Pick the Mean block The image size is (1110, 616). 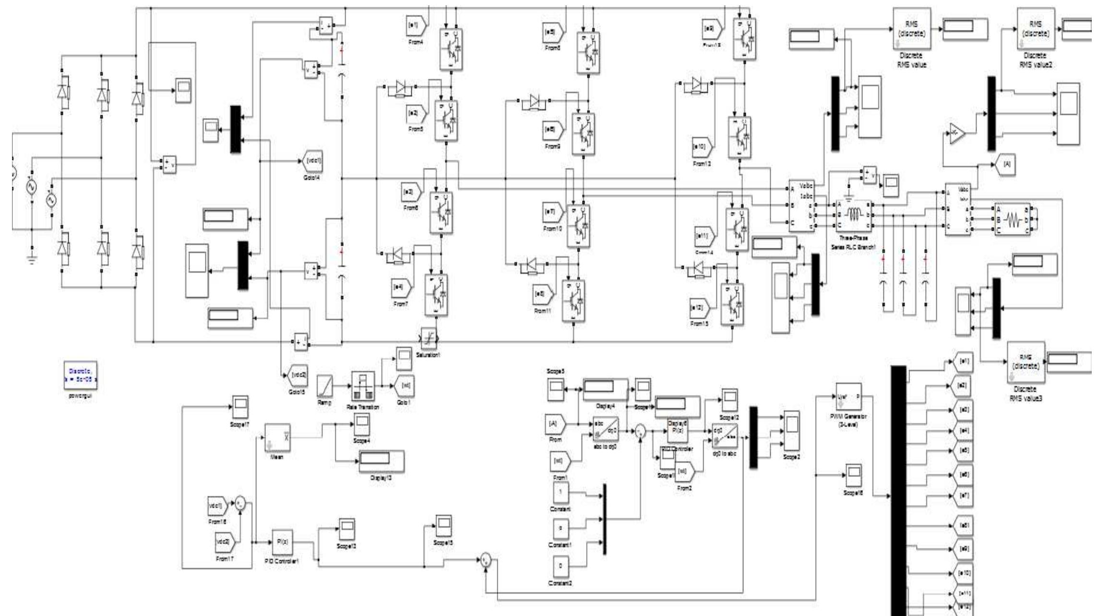point(277,437)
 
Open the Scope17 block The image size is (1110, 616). point(240,408)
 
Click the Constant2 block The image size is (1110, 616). point(561,567)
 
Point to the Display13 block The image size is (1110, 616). point(382,461)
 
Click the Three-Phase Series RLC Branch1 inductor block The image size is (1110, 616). point(854,215)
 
